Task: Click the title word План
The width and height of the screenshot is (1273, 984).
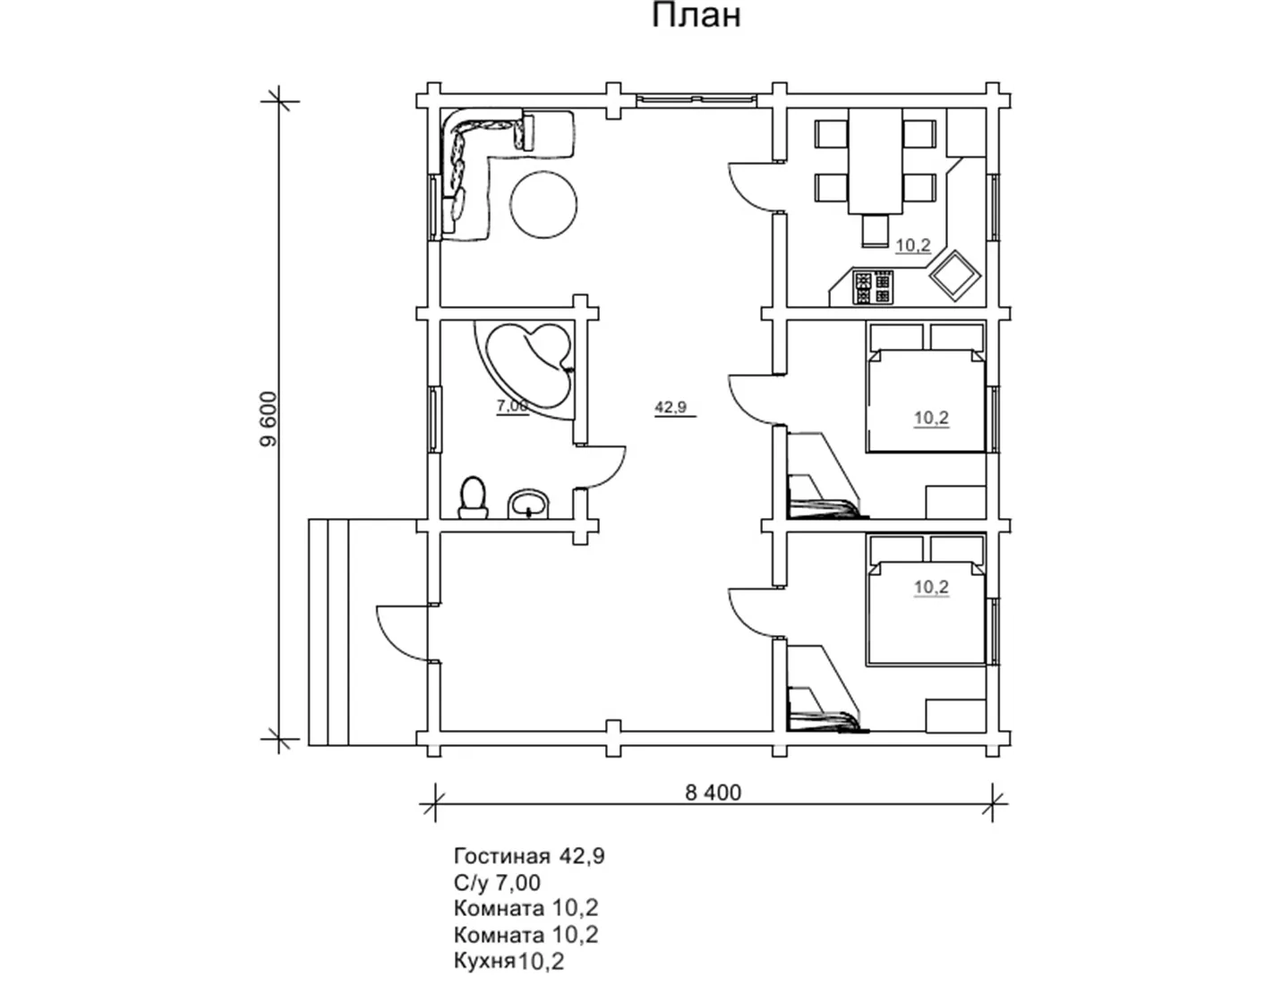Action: tap(696, 16)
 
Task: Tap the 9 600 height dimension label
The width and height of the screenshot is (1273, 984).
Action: tap(269, 420)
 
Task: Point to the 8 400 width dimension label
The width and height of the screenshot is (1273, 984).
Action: tap(713, 793)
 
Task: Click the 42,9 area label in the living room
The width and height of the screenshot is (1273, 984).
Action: tap(671, 406)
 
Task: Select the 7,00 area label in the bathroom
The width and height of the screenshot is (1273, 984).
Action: tap(512, 405)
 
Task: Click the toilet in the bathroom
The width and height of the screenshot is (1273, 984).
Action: tap(474, 498)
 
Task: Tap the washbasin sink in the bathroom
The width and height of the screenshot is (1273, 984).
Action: tap(529, 504)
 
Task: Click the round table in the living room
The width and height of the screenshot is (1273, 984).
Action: tap(543, 204)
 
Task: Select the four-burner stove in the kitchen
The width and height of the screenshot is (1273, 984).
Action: tap(873, 287)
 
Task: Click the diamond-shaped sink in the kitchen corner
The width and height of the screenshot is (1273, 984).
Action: tap(956, 276)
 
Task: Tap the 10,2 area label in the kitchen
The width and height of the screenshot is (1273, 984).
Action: tap(913, 245)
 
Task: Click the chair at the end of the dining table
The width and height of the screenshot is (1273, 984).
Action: tap(876, 230)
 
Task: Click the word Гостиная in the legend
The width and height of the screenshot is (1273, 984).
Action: tap(502, 856)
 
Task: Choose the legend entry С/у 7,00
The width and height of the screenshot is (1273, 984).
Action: tap(498, 882)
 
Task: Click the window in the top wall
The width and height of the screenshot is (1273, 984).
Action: tap(696, 99)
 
